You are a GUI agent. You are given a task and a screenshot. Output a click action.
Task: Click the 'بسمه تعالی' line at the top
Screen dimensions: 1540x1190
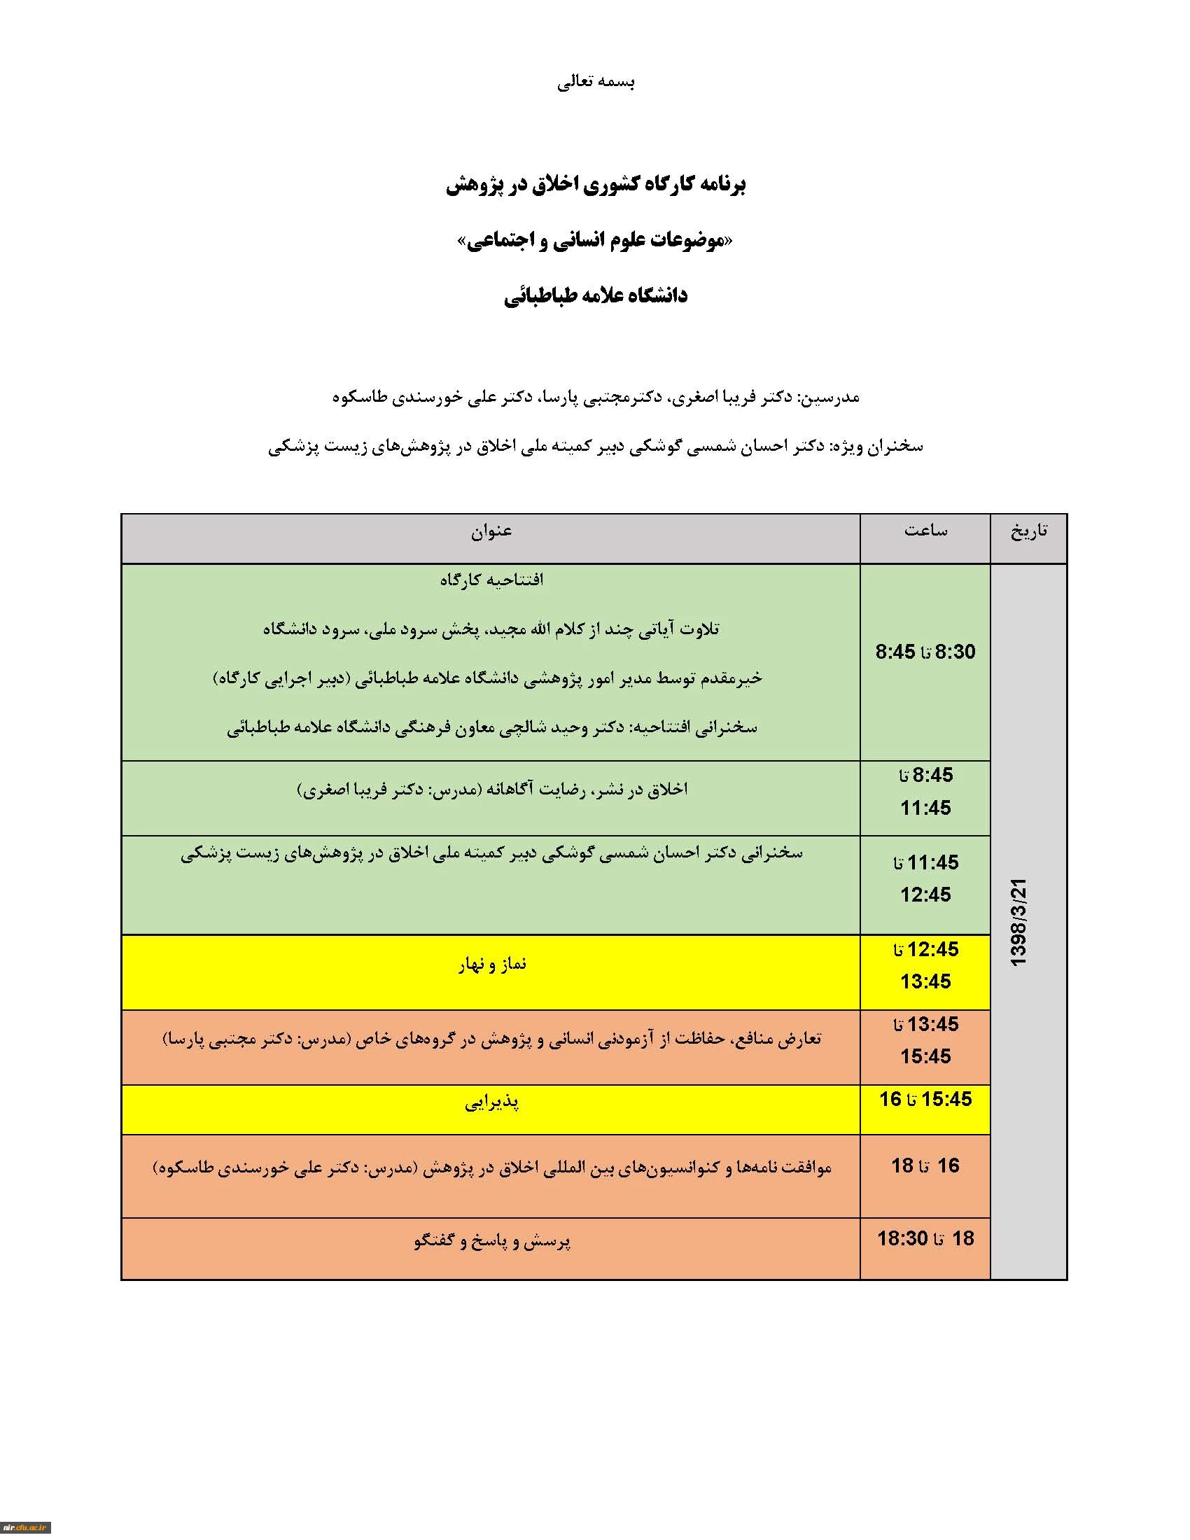point(596,83)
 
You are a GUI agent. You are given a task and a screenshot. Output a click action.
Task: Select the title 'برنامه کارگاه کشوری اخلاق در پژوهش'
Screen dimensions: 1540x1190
point(596,185)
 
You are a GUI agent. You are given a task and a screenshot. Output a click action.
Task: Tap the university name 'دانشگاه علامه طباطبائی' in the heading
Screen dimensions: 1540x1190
point(596,296)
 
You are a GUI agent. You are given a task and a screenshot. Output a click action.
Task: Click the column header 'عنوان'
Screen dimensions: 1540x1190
point(491,531)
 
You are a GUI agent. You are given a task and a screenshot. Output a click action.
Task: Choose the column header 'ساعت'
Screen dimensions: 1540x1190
point(925,531)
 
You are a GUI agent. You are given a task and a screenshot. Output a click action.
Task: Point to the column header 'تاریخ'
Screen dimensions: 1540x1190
point(1028,531)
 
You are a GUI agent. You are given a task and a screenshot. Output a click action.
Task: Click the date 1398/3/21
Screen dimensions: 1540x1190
point(1019,922)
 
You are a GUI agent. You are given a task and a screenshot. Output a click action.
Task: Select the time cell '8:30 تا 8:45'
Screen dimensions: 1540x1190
point(925,652)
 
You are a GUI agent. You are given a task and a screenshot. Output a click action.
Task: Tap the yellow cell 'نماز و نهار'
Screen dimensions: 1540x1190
point(491,964)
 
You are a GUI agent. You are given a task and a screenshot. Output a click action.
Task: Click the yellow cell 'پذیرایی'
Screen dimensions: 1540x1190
point(491,1102)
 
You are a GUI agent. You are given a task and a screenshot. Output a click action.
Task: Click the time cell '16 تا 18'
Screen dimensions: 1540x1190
point(925,1165)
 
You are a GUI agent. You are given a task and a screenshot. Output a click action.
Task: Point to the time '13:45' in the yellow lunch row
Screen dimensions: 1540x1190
point(925,981)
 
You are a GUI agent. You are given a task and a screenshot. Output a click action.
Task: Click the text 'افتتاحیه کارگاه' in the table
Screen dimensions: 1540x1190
point(491,580)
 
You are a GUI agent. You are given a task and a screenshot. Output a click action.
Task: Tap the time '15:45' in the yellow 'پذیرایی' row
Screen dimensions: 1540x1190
point(946,1099)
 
